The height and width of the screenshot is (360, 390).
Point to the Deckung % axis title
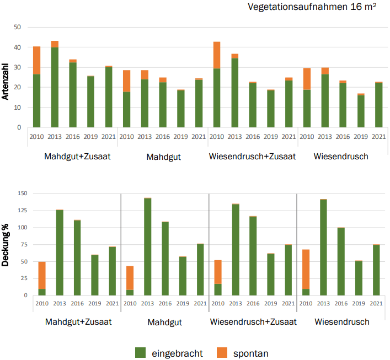7,246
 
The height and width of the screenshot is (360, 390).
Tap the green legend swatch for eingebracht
140,352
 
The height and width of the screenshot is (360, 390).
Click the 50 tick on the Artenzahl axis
18,28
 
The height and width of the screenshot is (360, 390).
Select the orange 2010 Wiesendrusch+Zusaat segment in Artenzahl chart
217,55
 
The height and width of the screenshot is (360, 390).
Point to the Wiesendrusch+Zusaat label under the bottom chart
253,321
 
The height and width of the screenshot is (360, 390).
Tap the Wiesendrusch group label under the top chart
341,157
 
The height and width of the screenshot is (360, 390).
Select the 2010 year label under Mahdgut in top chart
127,137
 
